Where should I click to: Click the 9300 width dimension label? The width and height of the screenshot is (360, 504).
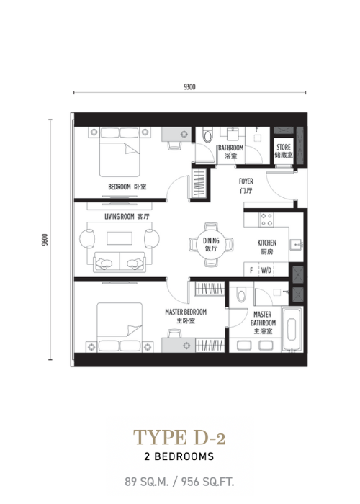pyautogui.click(x=189, y=87)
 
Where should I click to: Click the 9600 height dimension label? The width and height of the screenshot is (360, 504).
pyautogui.click(x=45, y=240)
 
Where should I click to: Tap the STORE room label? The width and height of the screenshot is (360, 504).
pyautogui.click(x=284, y=147)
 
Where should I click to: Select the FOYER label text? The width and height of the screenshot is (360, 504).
pyautogui.click(x=246, y=181)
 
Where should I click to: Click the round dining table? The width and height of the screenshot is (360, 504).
pyautogui.click(x=211, y=244)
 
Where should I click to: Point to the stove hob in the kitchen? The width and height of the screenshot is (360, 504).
pyautogui.click(x=267, y=220)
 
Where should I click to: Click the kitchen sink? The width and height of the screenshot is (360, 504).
pyautogui.click(x=296, y=245)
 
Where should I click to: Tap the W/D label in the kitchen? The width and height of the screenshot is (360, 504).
pyautogui.click(x=266, y=270)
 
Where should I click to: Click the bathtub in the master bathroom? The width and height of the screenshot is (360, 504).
pyautogui.click(x=292, y=329)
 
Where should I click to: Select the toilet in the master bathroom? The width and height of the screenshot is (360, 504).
pyautogui.click(x=241, y=294)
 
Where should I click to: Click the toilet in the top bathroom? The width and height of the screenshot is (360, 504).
pyautogui.click(x=207, y=135)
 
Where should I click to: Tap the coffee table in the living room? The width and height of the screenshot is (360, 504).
pyautogui.click(x=120, y=238)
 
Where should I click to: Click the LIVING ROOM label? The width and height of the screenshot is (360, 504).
pyautogui.click(x=120, y=217)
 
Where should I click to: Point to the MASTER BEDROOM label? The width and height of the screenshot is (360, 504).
pyautogui.click(x=186, y=312)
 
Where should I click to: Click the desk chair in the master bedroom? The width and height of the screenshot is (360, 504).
pyautogui.click(x=174, y=333)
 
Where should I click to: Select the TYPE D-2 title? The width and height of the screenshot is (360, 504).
pyautogui.click(x=179, y=438)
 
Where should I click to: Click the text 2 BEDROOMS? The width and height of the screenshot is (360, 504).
pyautogui.click(x=179, y=456)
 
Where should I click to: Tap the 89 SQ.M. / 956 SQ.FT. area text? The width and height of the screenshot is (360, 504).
pyautogui.click(x=179, y=482)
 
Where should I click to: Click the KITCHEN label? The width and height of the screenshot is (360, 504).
pyautogui.click(x=267, y=243)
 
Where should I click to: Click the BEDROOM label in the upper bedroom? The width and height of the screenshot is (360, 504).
pyautogui.click(x=120, y=186)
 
